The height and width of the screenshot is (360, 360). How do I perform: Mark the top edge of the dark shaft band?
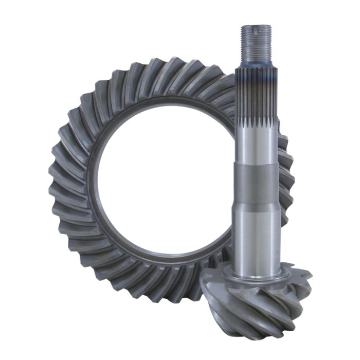point(257,165)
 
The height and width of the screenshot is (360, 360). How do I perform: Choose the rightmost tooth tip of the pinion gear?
point(309,278)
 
